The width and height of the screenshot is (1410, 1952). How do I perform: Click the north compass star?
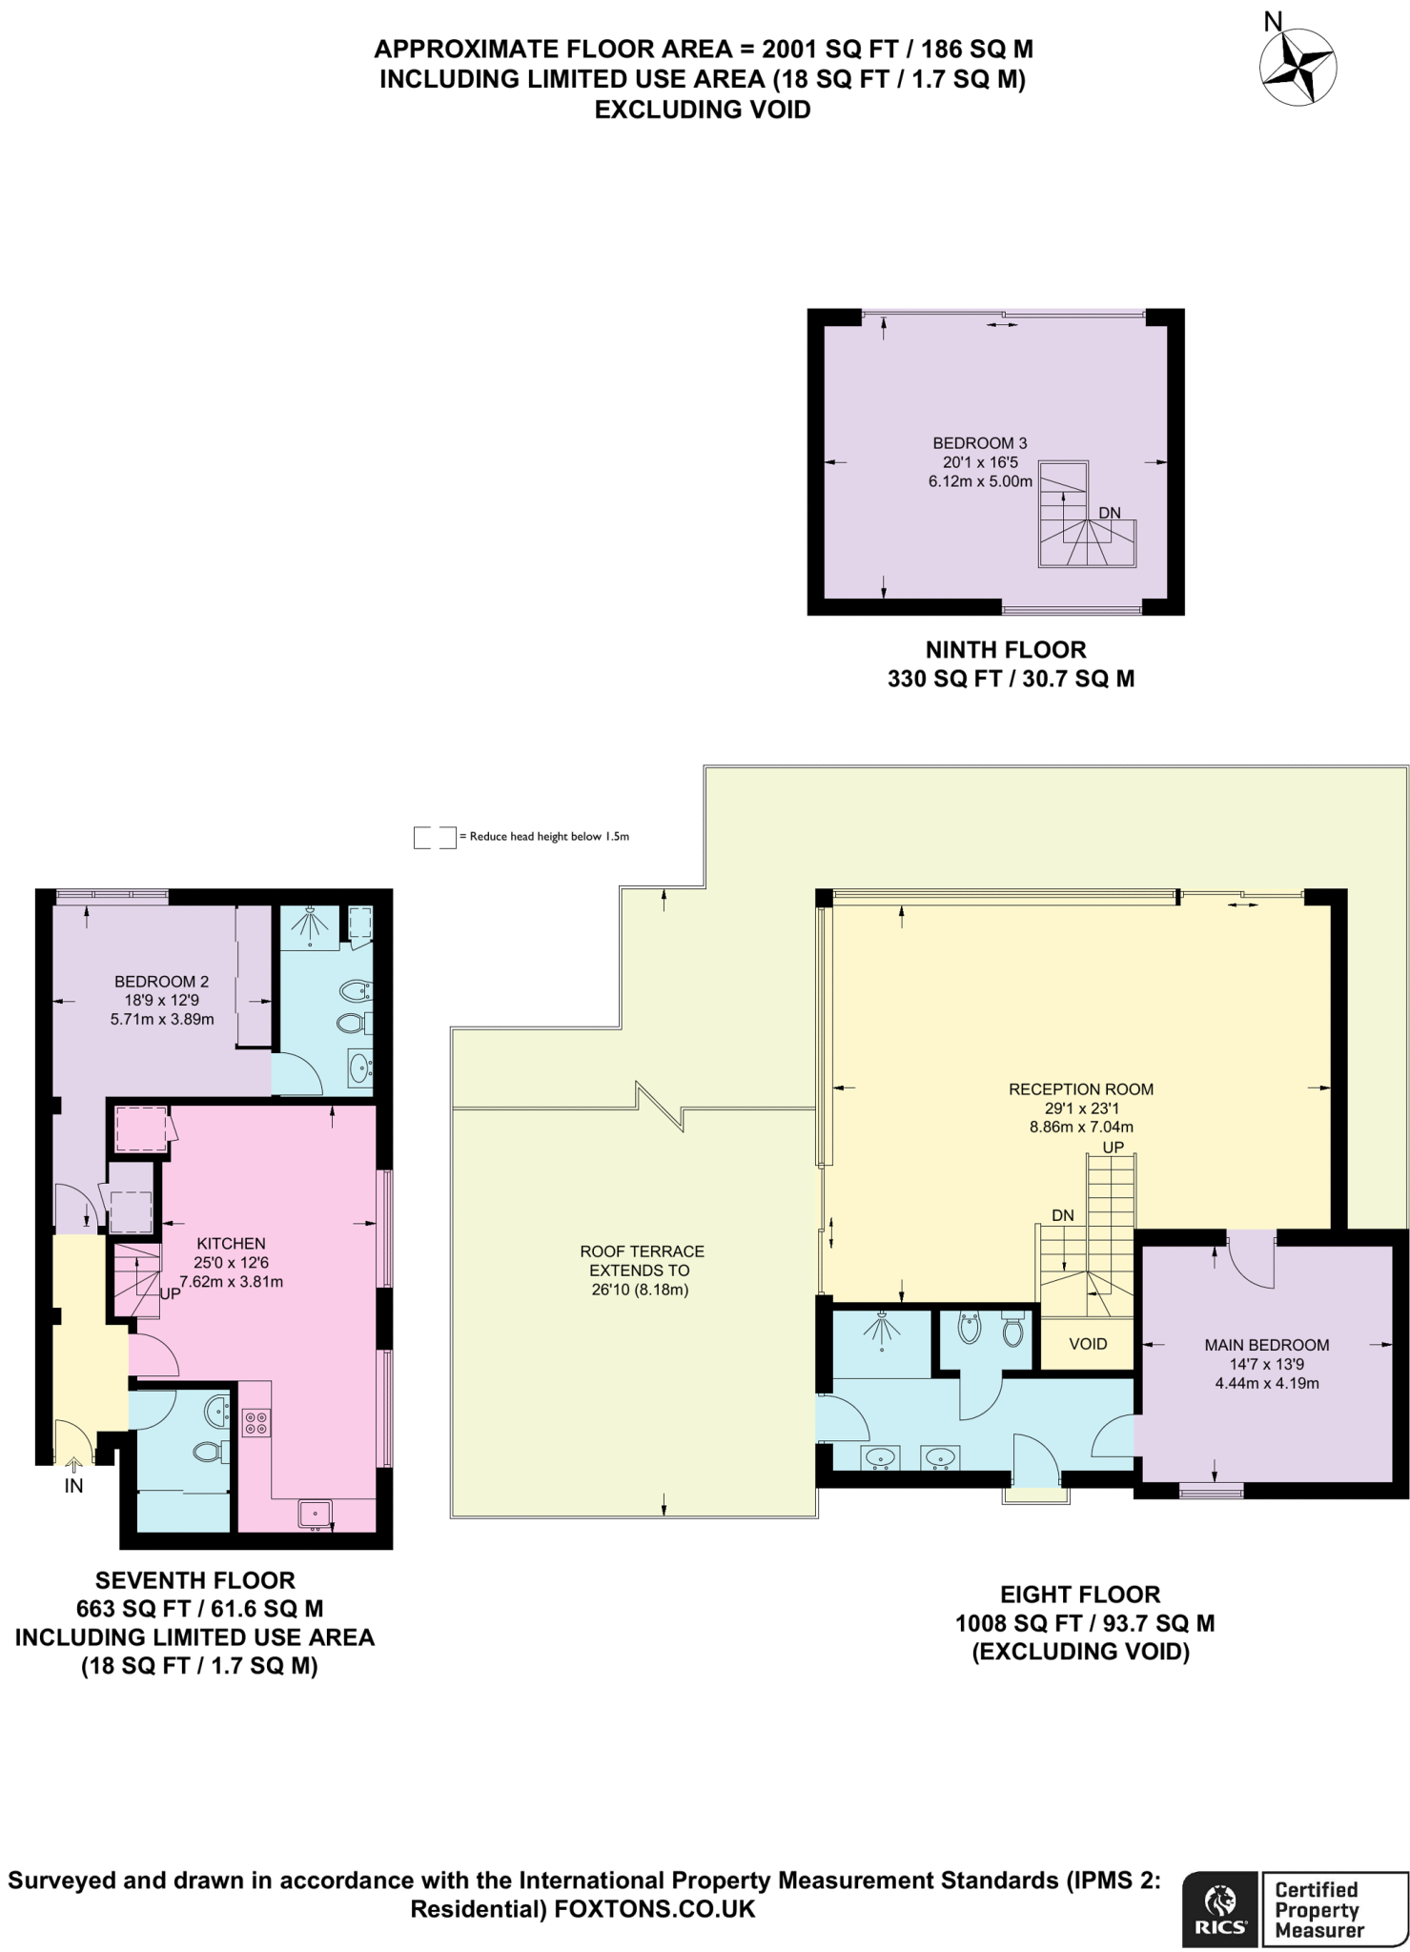click(x=1298, y=67)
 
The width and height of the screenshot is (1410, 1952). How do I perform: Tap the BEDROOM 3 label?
click(x=979, y=443)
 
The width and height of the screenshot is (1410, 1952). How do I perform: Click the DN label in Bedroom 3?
click(x=1109, y=513)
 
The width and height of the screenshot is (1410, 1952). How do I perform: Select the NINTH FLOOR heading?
click(x=1006, y=650)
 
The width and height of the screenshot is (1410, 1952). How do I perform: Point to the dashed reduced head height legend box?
click(x=435, y=837)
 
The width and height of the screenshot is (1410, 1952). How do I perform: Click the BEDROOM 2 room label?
click(x=161, y=982)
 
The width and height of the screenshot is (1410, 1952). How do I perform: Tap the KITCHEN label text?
click(x=231, y=1244)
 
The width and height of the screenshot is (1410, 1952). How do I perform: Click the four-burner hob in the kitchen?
click(x=255, y=1423)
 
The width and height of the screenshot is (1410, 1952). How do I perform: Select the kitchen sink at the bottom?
click(x=315, y=1513)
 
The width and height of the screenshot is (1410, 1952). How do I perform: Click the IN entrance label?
click(x=73, y=1486)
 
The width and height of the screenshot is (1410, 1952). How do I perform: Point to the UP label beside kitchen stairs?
click(x=171, y=1294)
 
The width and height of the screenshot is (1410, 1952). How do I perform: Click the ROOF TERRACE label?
click(x=642, y=1251)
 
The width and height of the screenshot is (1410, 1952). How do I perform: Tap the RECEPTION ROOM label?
click(x=1081, y=1089)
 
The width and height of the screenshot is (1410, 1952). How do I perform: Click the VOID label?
click(x=1088, y=1344)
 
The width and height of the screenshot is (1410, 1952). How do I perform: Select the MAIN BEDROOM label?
click(x=1266, y=1345)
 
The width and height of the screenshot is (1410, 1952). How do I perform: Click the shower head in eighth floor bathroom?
click(x=882, y=1328)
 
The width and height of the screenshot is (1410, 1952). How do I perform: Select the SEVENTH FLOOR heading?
click(x=194, y=1580)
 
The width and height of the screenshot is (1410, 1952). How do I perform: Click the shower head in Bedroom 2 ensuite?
click(x=309, y=923)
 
